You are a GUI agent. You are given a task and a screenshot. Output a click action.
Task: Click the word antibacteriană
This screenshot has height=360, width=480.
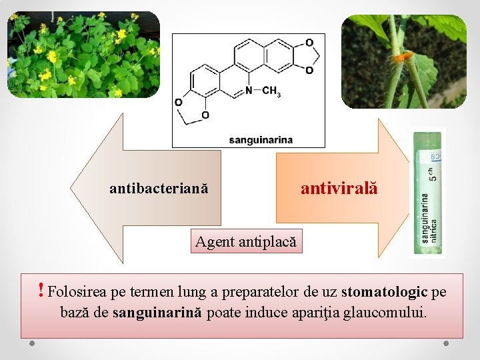pos(159,189)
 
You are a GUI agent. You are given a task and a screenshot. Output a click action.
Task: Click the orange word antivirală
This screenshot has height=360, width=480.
pos(339,188)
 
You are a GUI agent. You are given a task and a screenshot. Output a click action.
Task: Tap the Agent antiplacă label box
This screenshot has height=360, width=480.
pos(245,241)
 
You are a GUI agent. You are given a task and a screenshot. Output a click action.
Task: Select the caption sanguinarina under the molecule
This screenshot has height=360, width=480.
pos(261,140)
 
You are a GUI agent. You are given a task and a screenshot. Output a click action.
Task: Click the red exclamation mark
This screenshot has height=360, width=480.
pos(41,290)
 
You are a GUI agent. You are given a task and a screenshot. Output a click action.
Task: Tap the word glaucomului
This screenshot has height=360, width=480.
pos(390,312)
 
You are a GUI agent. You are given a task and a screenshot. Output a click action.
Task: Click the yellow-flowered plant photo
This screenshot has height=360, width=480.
pos(83,55)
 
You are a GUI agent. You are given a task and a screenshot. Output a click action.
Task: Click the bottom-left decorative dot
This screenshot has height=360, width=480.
pos(33,344)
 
